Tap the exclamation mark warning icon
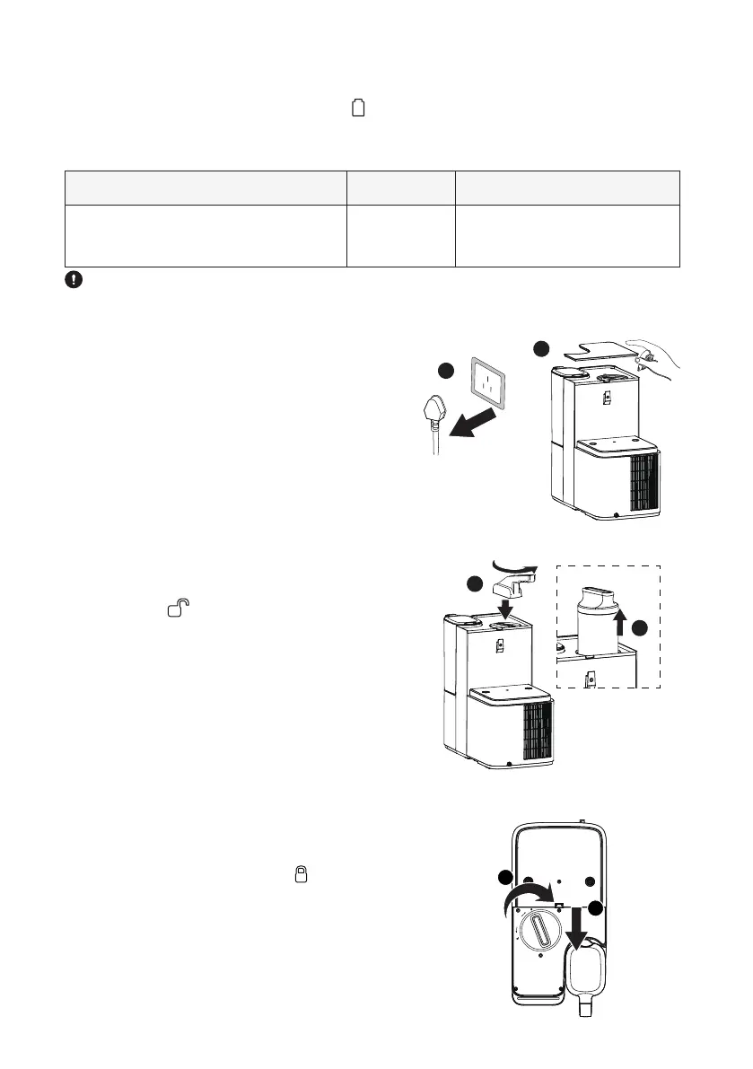click(x=74, y=280)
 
